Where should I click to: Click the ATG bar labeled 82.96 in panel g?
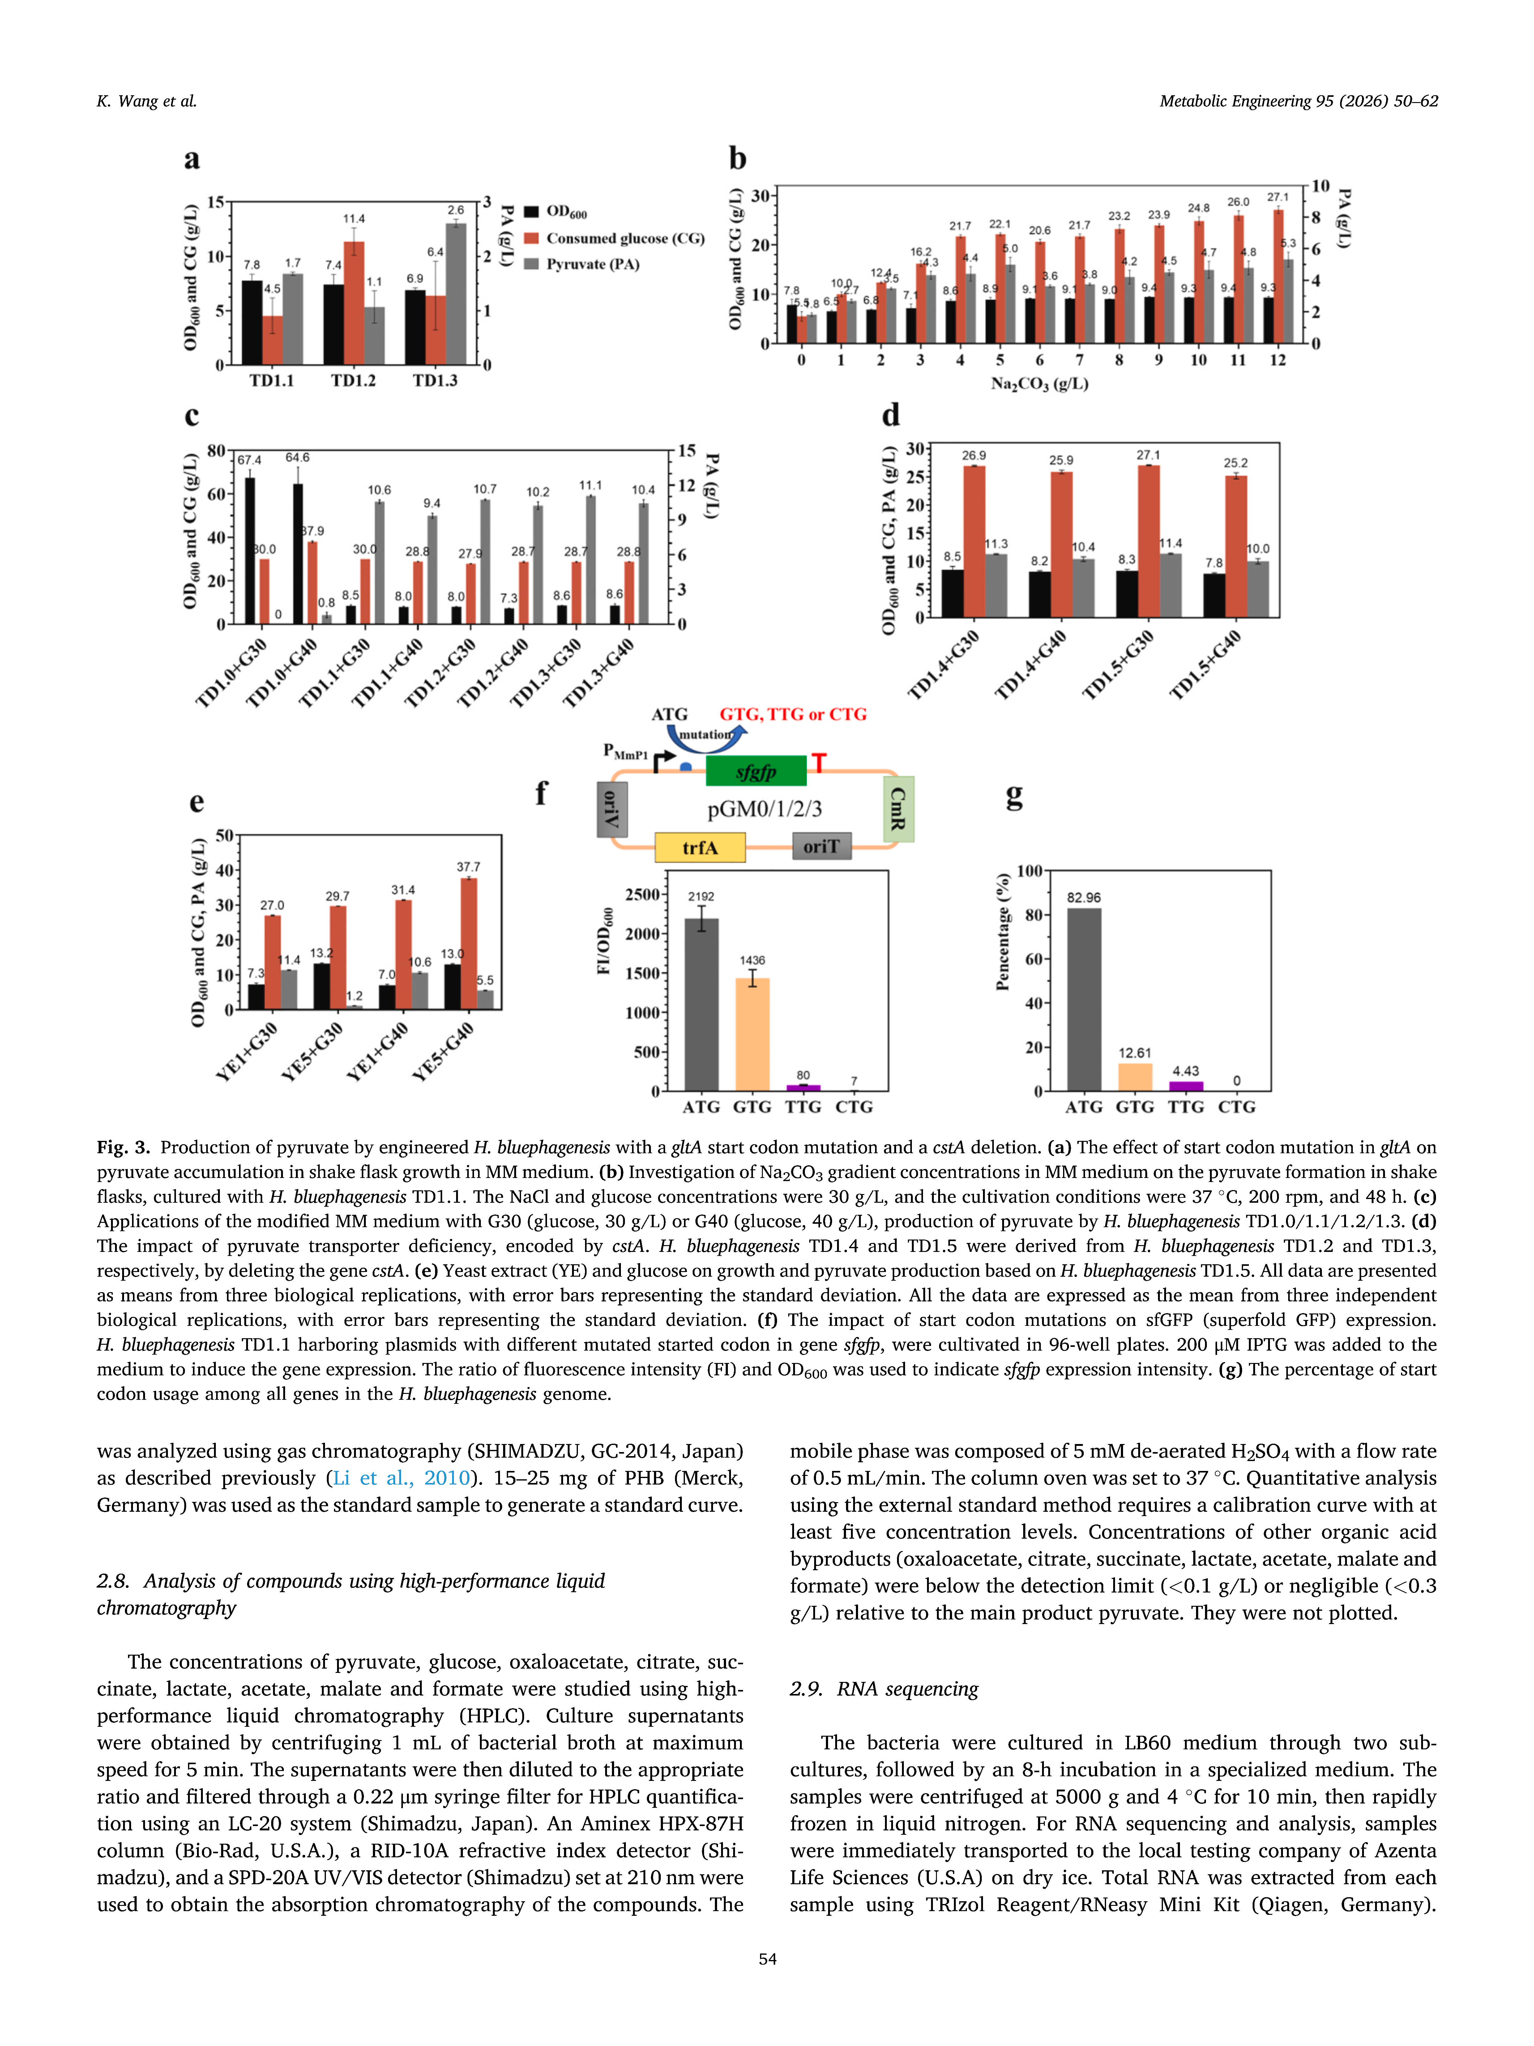(1084, 999)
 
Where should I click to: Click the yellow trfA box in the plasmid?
(700, 847)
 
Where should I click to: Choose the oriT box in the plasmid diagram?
(821, 846)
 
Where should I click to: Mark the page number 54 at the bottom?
(767, 1958)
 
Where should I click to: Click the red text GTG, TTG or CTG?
(793, 714)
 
